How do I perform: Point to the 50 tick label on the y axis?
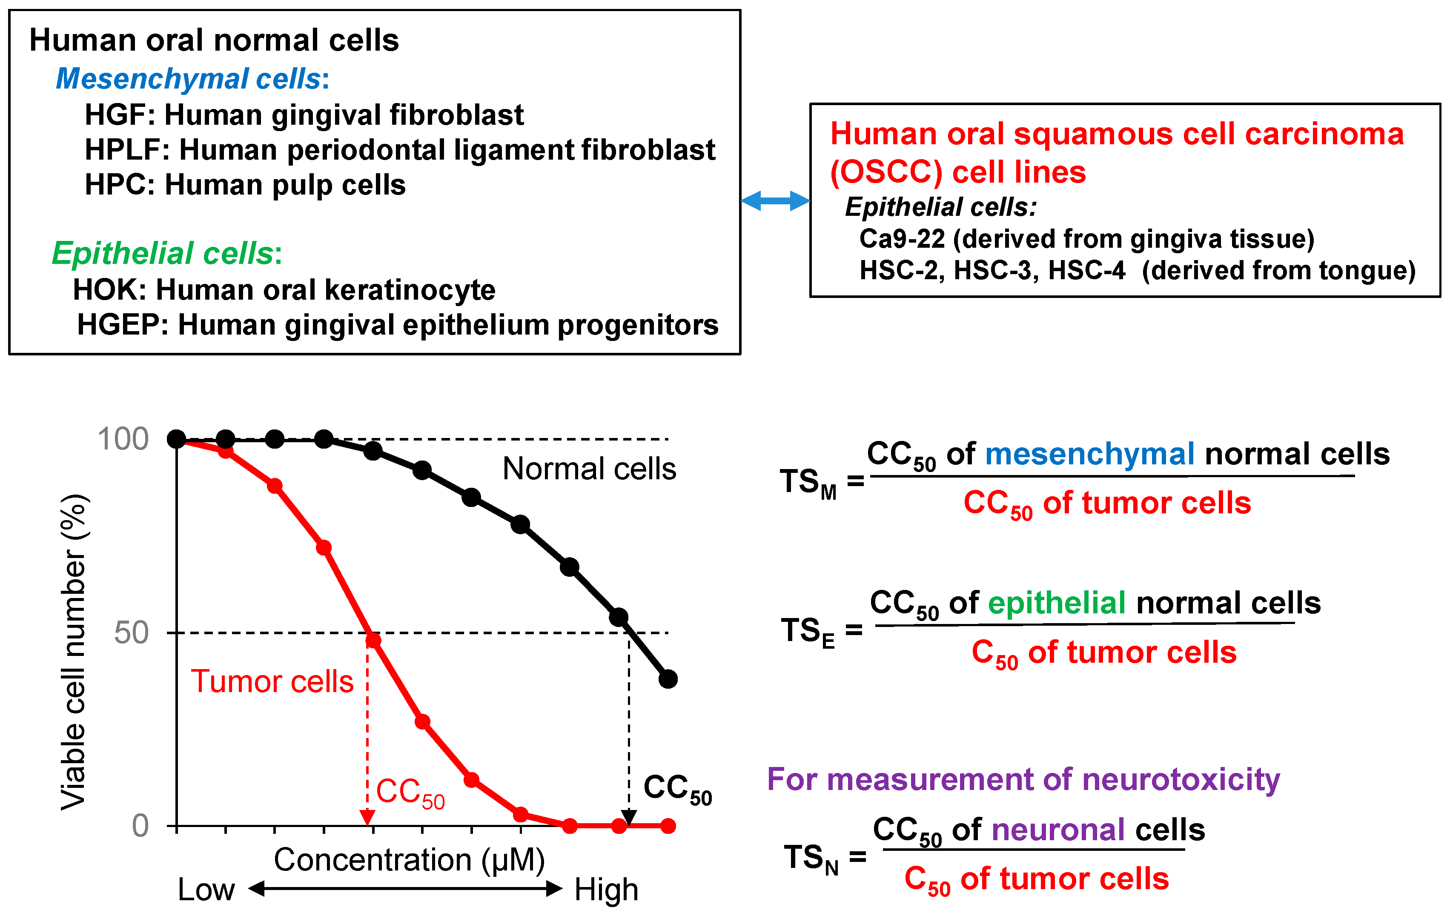[131, 633]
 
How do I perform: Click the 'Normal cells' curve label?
[589, 469]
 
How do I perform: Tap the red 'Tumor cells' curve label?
[272, 682]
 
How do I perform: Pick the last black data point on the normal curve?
[668, 679]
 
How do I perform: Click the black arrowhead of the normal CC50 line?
[629, 818]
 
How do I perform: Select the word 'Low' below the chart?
[206, 890]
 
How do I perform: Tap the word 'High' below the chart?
[606, 890]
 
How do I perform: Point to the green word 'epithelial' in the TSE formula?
[1057, 602]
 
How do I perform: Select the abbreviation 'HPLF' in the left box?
[123, 150]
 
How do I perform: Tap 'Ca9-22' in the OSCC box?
[902, 239]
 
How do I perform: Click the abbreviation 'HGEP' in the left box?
[123, 325]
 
